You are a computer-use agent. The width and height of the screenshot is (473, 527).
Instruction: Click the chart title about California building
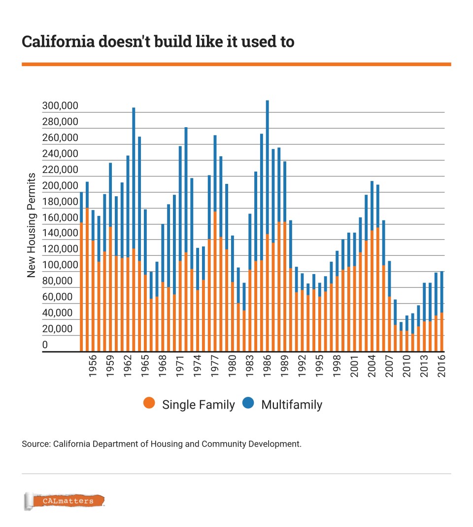point(158,42)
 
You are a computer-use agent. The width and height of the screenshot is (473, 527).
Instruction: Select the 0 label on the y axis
point(45,345)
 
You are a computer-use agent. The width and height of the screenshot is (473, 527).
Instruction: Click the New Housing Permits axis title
point(32,225)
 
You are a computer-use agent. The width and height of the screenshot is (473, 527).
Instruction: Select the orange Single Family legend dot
point(149,404)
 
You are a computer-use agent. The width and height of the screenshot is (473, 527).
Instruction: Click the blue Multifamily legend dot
point(248,404)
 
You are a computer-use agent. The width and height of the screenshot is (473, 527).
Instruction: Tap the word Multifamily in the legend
point(291,405)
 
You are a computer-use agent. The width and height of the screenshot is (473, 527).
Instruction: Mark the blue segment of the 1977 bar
point(215,173)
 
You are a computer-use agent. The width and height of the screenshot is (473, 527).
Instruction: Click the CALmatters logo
point(65,501)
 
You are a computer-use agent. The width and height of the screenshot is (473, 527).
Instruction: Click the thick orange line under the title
point(236,64)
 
